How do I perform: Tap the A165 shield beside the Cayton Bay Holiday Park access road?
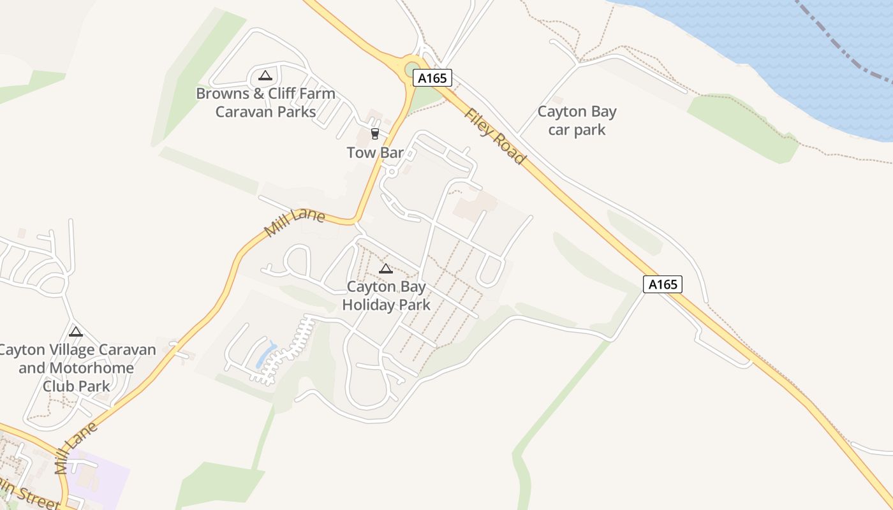point(662,284)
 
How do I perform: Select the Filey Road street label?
point(494,136)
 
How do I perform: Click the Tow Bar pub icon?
point(374,134)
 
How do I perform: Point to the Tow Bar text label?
point(375,153)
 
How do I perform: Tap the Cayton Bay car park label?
point(577,121)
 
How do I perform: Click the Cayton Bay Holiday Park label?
point(386,296)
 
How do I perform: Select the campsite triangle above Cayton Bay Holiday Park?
point(385,269)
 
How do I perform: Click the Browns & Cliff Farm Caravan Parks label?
point(265,103)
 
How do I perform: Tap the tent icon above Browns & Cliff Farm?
point(265,76)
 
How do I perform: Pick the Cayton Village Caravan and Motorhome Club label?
point(77,368)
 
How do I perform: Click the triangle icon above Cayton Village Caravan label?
point(76,331)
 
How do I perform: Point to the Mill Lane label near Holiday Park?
point(295,223)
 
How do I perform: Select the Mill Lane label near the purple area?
point(76,448)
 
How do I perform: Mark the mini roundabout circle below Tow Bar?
point(392,172)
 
